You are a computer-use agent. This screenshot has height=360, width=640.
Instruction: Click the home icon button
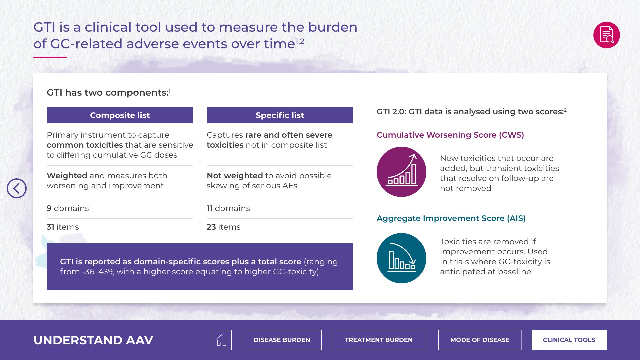[x=221, y=340]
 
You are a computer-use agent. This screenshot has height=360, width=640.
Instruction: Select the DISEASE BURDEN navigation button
[x=282, y=340]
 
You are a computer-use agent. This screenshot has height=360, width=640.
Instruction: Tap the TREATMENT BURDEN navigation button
[x=379, y=340]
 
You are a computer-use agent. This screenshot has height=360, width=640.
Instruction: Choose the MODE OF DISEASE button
[x=480, y=340]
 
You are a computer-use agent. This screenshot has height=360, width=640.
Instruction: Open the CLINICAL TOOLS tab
[x=569, y=340]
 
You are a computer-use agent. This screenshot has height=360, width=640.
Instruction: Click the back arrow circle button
[x=17, y=188]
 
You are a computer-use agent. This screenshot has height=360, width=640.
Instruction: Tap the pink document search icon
[x=606, y=35]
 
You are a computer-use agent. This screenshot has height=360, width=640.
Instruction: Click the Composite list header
[x=120, y=115]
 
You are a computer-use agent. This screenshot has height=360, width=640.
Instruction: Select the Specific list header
[x=280, y=115]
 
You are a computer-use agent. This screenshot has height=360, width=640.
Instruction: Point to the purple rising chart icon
[x=401, y=172]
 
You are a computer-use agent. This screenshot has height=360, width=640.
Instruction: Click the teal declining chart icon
[x=401, y=258]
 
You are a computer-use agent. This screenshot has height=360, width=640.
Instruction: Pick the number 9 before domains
[x=49, y=208]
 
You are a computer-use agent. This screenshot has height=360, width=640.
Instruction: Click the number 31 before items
[x=50, y=227]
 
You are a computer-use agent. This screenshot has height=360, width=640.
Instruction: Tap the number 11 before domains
[x=210, y=208]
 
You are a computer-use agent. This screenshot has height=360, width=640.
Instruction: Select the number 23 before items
[x=211, y=227]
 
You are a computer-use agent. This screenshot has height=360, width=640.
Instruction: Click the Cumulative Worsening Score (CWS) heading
[x=450, y=135]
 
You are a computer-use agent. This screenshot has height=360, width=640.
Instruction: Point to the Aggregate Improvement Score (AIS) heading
[x=451, y=218]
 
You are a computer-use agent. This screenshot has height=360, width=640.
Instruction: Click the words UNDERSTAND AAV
[x=93, y=340]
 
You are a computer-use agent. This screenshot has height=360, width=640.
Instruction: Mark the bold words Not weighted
[x=235, y=176]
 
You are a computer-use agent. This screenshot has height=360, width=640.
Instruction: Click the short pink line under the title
[x=50, y=57]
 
